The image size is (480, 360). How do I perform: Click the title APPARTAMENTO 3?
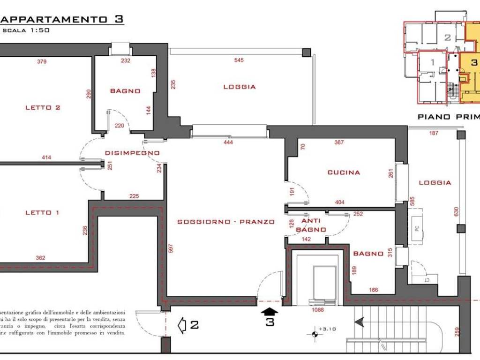tap(61, 19)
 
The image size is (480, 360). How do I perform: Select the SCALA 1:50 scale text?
tap(26, 30)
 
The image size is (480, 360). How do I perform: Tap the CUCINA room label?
tap(344, 172)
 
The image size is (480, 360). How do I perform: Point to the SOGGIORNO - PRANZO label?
tap(225, 222)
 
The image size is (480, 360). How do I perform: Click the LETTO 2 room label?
tap(43, 107)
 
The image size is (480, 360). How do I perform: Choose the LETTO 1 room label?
tap(42, 212)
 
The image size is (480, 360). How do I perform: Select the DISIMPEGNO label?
tap(132, 153)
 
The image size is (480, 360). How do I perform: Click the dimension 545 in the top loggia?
tap(239, 60)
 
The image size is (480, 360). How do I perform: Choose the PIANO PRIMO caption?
tap(448, 117)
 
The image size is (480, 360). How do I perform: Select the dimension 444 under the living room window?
tap(228, 142)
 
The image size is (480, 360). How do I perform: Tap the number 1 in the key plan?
tap(432, 61)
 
